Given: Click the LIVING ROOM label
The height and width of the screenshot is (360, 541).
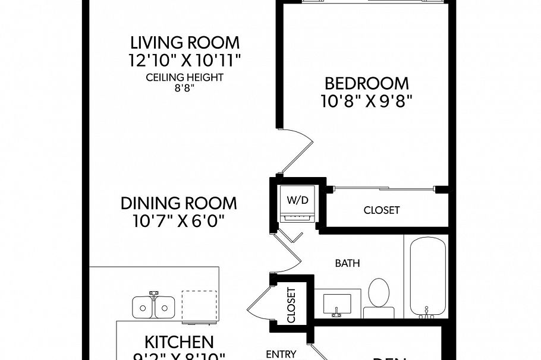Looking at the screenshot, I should click(x=185, y=43).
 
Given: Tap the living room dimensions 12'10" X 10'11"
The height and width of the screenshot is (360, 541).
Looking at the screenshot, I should click(x=185, y=60).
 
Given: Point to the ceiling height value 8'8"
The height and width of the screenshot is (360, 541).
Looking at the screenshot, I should click(x=185, y=87).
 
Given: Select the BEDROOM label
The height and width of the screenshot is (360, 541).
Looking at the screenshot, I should click(x=366, y=83).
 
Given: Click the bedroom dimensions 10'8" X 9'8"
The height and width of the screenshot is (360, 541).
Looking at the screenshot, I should click(x=366, y=100).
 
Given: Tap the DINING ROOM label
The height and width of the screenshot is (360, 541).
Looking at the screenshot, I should click(x=178, y=203).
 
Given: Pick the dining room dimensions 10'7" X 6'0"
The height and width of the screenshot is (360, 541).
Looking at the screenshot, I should click(x=178, y=221).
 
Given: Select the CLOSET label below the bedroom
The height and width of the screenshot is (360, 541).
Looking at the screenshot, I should click(x=382, y=210).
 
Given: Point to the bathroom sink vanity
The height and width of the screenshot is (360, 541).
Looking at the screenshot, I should click(x=336, y=304).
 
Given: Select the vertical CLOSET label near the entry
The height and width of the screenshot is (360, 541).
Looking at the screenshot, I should click(x=291, y=305).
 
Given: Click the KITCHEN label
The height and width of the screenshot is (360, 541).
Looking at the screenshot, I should click(x=179, y=342).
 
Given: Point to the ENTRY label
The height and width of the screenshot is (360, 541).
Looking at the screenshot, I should click(x=281, y=354).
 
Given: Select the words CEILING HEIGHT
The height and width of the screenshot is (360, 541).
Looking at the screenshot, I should click(x=185, y=77).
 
